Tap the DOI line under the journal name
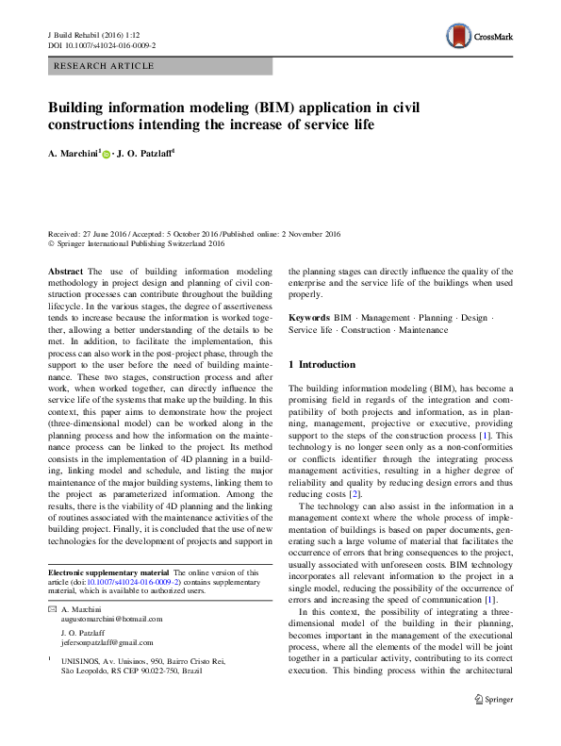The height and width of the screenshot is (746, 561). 101,45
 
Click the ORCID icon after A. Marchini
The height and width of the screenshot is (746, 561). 107,153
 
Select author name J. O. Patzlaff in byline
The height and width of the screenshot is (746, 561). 148,152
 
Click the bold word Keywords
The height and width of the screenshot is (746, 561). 309,319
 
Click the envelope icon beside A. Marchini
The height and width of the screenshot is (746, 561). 51,608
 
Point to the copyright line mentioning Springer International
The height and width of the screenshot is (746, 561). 136,242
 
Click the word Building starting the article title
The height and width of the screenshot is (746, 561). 77,108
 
